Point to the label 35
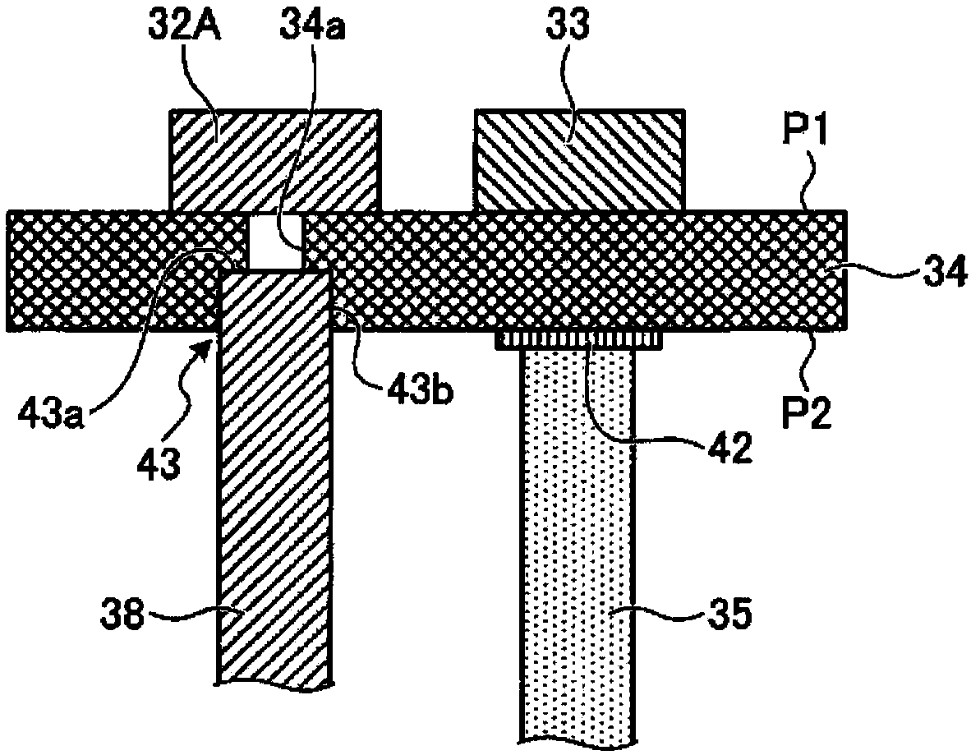[726, 615]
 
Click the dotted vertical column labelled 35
[580, 534]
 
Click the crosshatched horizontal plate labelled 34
[575, 271]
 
